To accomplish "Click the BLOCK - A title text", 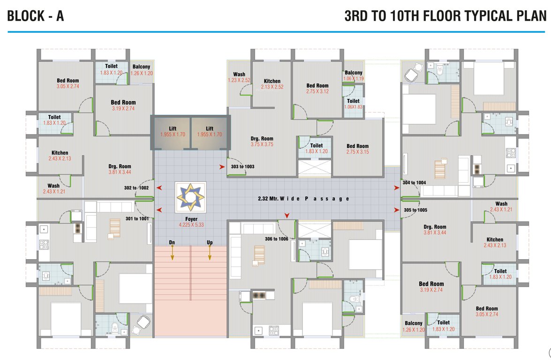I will [x=36, y=16].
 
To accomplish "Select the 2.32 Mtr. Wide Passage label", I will [x=303, y=199].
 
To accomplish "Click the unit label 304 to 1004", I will [x=414, y=183].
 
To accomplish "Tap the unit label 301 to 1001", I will [x=136, y=218].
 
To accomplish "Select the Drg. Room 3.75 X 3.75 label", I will [x=262, y=142].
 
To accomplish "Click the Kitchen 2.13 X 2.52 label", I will [x=272, y=84].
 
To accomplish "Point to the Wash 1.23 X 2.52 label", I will [x=239, y=77].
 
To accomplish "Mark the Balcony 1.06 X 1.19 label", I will [x=354, y=75].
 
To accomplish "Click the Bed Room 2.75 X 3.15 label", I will [x=357, y=149].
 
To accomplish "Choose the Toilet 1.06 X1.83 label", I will [x=353, y=104].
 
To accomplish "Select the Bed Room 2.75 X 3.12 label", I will [x=317, y=88].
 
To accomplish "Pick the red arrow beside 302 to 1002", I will [x=159, y=188].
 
